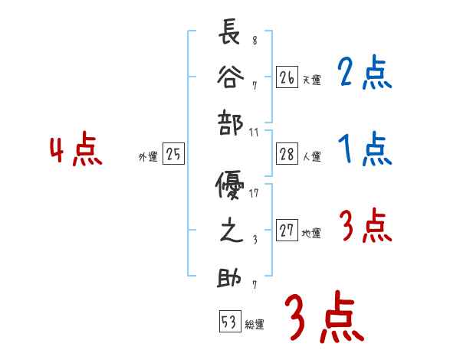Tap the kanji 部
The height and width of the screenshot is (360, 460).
(230, 126)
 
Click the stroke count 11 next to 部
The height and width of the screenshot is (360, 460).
(255, 132)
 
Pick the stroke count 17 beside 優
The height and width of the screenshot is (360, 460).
(254, 193)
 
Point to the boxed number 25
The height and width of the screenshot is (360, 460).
(173, 155)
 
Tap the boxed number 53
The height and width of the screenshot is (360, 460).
(228, 322)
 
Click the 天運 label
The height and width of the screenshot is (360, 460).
(311, 80)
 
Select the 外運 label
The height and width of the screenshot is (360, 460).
(148, 157)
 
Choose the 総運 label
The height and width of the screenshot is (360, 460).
(255, 324)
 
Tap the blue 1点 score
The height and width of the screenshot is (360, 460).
(364, 149)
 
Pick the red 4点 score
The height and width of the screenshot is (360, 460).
(75, 151)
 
